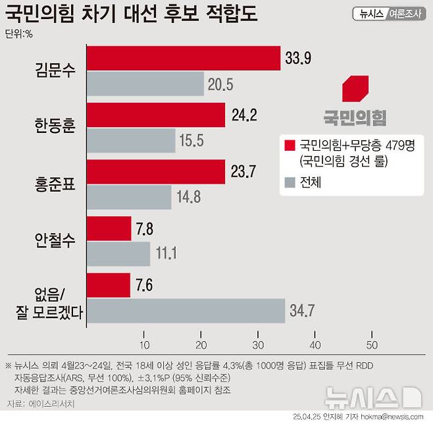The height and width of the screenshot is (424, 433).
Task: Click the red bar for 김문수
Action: (184, 58)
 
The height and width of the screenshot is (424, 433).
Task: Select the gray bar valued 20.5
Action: (145, 84)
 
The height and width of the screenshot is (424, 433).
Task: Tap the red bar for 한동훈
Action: (156, 115)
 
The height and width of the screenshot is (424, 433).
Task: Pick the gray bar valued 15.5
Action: (131, 140)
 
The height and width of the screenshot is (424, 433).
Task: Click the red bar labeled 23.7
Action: (155, 172)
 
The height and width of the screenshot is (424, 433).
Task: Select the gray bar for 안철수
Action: (118, 253)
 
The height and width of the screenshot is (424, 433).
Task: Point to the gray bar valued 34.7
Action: (186, 310)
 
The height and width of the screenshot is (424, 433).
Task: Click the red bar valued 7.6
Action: (109, 285)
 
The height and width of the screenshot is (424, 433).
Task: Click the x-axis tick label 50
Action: (372, 345)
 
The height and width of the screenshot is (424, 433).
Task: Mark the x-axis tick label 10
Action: (143, 345)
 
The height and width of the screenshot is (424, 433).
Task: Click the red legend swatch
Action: (288, 145)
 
